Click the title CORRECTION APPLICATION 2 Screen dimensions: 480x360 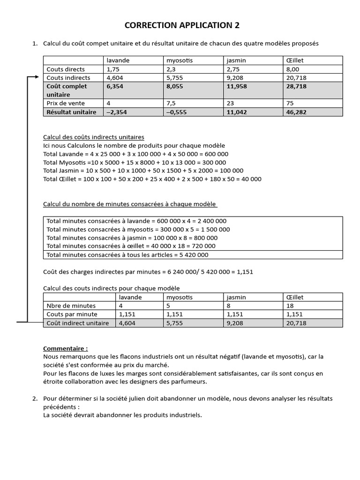[x=182, y=25]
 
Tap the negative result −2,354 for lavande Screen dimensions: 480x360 [x=117, y=112]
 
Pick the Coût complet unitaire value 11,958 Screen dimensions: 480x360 [x=237, y=86]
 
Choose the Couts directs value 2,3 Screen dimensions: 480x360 [x=170, y=69]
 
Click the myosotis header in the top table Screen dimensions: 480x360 [x=180, y=60]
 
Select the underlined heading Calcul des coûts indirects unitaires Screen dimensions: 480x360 [x=94, y=137]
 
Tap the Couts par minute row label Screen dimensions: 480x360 [x=72, y=314]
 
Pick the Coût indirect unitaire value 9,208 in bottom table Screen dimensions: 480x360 [x=235, y=323]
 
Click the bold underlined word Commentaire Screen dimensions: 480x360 [x=65, y=348]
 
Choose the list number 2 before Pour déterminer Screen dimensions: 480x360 [x=35, y=398]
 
